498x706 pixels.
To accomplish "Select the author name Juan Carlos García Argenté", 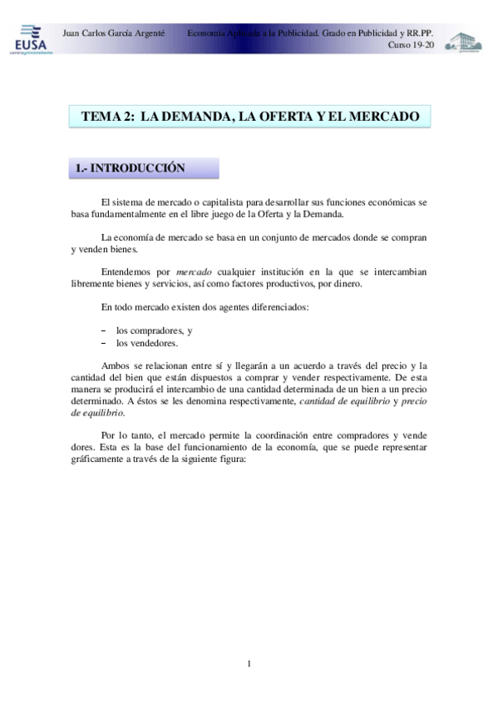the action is coord(113,32).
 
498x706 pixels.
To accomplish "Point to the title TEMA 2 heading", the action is coord(249,117).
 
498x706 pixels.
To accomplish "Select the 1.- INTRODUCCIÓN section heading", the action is coord(129,168).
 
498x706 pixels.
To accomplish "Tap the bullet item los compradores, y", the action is coord(155,331).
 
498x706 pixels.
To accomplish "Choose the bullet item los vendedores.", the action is coord(147,342).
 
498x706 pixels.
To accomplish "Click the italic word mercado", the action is coord(195,272).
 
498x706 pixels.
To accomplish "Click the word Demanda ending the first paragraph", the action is coord(308,213).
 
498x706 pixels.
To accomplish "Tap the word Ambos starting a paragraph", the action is coord(115,365).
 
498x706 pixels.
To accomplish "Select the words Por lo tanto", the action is coord(126,435).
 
